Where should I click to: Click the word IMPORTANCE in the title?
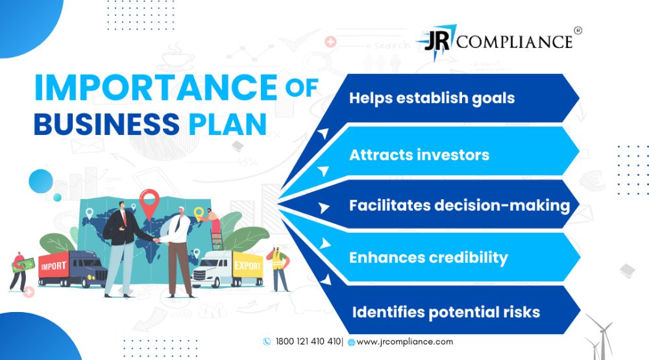pos(156,88)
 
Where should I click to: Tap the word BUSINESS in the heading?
pos(107,124)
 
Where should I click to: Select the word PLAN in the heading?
pos(228,124)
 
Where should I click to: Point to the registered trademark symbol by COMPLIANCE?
pos(578,30)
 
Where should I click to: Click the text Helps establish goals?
pos(432,99)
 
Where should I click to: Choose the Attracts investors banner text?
pos(419,155)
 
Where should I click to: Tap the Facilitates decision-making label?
pos(459,206)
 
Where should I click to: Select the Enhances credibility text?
pos(428,258)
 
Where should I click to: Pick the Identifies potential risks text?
pos(447,312)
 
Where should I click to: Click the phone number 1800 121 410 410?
pos(308,341)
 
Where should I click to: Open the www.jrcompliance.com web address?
pos(405,342)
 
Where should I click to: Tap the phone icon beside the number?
pos(267,341)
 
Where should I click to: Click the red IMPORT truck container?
pos(54,266)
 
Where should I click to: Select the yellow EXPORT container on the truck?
pos(247,265)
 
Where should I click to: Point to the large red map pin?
pos(149,203)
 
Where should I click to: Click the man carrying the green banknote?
pos(18,271)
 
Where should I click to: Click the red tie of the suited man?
pos(124,219)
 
